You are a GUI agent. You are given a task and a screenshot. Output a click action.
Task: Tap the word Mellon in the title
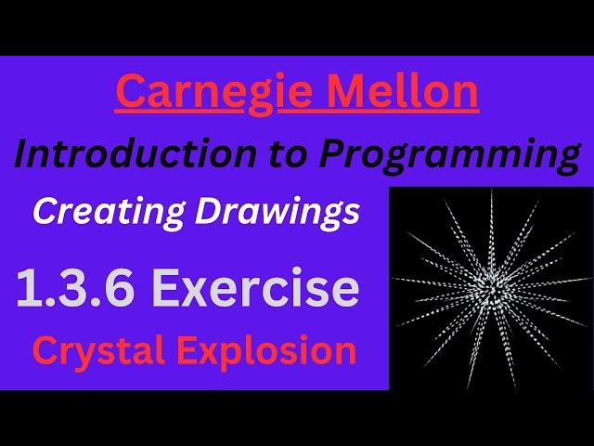405,93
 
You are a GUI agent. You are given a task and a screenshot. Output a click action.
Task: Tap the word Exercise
256,289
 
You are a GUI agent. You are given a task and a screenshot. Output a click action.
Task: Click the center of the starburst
490,290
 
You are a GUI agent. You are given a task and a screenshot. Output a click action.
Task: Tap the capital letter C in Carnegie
131,93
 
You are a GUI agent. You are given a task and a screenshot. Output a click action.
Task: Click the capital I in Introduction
21,154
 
